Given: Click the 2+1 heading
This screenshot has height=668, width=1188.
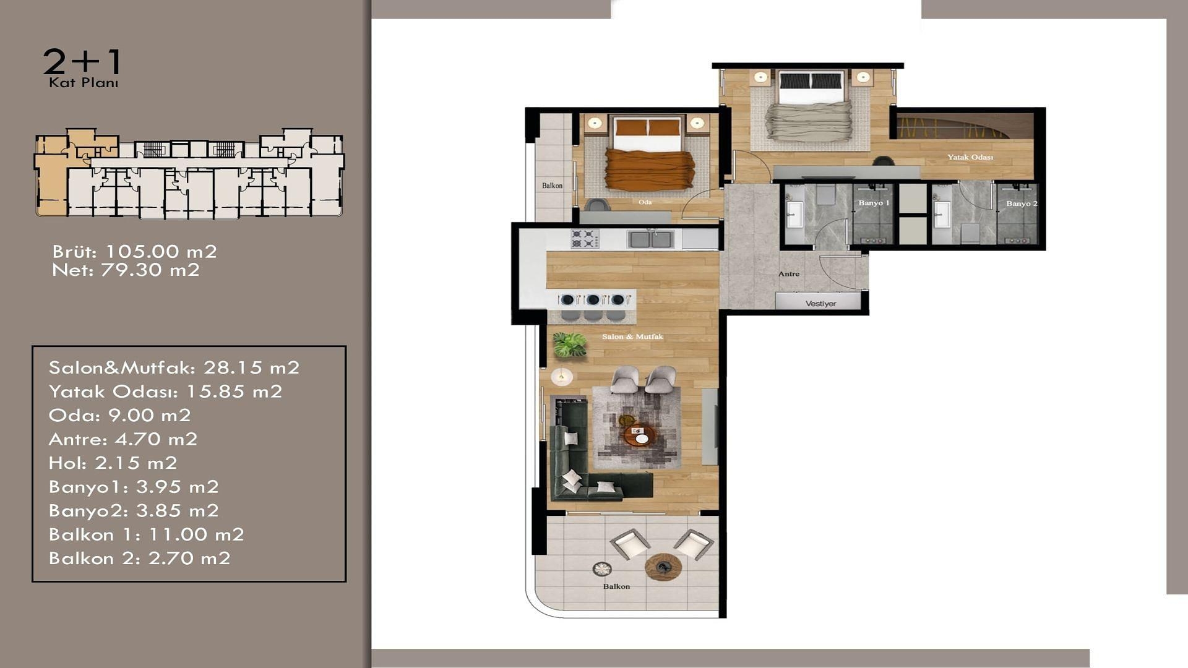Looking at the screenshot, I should (x=82, y=62).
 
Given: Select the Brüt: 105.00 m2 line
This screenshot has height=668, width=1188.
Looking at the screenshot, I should (x=134, y=252).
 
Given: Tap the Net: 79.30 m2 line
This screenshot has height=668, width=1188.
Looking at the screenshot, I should (x=126, y=270).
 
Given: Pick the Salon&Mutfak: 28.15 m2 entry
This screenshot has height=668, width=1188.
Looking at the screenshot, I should (x=174, y=368).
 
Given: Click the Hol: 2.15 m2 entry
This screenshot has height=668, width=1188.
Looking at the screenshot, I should (x=113, y=463).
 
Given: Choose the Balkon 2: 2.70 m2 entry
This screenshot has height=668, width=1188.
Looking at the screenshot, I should (x=139, y=559).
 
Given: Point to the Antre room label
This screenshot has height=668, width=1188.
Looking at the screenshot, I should (x=788, y=274).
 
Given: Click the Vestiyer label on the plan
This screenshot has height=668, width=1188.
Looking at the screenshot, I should (x=820, y=304).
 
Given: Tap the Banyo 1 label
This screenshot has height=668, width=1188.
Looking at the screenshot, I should (x=874, y=203).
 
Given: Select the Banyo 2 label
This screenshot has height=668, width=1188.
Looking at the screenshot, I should (x=1021, y=203).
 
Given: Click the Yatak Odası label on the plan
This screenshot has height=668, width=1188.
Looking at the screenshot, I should (x=970, y=157).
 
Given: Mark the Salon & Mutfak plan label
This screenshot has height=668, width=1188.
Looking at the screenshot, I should (x=632, y=336).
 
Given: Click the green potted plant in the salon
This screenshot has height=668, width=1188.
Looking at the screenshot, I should (x=569, y=345).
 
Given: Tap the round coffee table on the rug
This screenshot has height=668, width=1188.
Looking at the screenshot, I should (x=639, y=435).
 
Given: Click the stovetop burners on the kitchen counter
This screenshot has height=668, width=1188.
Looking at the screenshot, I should (x=585, y=239).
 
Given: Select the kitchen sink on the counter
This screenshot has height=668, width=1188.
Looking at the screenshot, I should (x=650, y=239).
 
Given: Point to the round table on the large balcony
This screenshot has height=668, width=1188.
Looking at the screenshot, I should (x=663, y=567).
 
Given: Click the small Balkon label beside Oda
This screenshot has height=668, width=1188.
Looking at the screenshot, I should (x=552, y=186).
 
